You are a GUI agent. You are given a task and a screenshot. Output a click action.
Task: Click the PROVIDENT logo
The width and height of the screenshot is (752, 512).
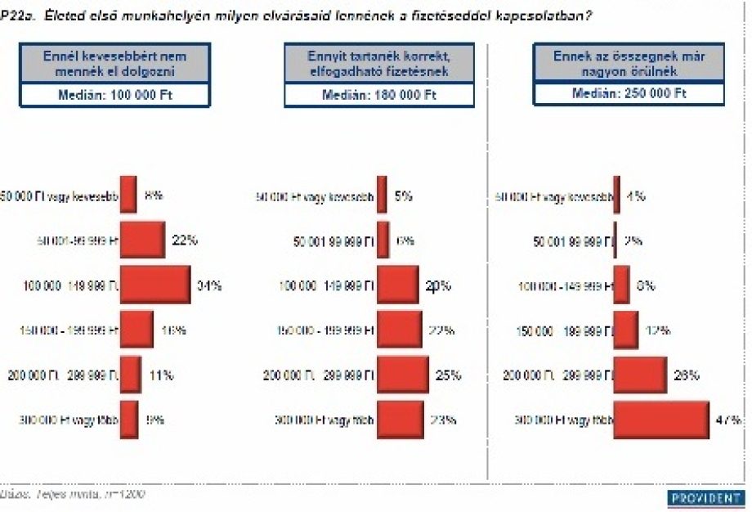pyautogui.click(x=706, y=497)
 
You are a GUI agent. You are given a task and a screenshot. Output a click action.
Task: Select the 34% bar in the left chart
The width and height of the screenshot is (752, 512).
pyautogui.click(x=155, y=285)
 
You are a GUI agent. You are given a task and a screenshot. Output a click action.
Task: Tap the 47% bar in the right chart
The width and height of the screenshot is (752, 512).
pyautogui.click(x=661, y=420)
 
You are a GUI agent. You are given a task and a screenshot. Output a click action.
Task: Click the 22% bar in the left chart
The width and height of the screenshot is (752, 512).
pyautogui.click(x=142, y=240)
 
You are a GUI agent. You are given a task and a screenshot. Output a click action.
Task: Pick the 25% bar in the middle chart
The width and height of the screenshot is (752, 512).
pyautogui.click(x=402, y=375)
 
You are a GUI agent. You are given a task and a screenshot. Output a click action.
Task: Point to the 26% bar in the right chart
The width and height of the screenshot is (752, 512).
pyautogui.click(x=640, y=375)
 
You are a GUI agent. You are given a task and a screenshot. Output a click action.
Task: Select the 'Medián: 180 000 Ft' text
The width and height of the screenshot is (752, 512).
pyautogui.click(x=379, y=95)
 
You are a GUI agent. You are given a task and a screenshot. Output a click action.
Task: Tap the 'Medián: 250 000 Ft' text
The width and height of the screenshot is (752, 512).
pyautogui.click(x=629, y=95)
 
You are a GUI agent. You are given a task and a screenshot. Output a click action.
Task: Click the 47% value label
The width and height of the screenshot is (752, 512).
pyautogui.click(x=729, y=420)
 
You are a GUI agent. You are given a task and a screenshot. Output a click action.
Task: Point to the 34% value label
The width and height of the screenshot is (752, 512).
pyautogui.click(x=209, y=286)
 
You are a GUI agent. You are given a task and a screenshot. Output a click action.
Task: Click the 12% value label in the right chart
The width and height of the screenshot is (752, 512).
pyautogui.click(x=658, y=330)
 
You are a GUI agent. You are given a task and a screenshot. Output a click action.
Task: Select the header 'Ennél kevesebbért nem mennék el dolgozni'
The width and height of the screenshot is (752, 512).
pyautogui.click(x=115, y=64)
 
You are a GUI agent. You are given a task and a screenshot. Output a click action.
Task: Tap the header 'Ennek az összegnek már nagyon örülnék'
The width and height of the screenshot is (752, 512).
pyautogui.click(x=629, y=64)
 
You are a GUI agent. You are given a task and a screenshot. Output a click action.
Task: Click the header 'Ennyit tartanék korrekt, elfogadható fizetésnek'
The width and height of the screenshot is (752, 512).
pyautogui.click(x=379, y=64)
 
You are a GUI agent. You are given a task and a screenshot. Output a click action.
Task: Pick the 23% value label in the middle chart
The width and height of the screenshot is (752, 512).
pyautogui.click(x=443, y=420)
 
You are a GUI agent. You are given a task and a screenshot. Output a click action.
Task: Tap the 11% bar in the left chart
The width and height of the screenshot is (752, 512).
pyautogui.click(x=130, y=375)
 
